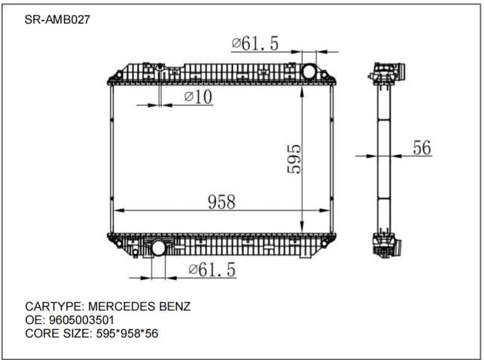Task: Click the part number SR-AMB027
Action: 58,19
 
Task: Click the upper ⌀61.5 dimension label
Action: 255,43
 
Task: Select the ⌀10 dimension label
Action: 198,96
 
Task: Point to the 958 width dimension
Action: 221,201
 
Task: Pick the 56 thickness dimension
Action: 422,148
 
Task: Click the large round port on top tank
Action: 310,71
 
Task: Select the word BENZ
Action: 175,306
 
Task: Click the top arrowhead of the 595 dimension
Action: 302,89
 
